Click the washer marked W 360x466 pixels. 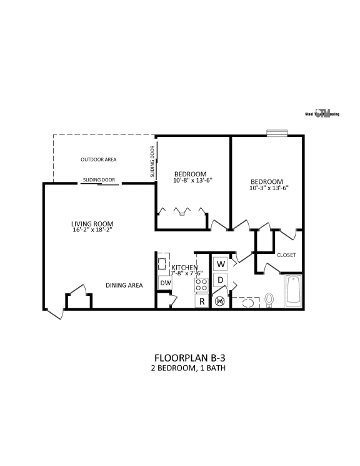(221, 263)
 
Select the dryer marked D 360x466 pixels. (221, 281)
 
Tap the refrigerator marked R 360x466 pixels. (202, 301)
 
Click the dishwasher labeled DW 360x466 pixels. (165, 283)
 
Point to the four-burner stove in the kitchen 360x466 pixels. (202, 285)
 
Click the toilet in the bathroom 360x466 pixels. (270, 300)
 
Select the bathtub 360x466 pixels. (293, 291)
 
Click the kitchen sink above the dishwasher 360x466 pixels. (162, 262)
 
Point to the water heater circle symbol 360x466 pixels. (220, 301)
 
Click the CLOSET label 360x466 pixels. (286, 255)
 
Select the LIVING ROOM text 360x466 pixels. (92, 223)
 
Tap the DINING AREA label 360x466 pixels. (124, 285)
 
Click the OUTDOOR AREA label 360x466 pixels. (98, 160)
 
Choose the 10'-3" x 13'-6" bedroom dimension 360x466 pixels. (269, 188)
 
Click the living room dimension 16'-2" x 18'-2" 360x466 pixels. (92, 230)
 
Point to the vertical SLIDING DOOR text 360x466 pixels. (152, 162)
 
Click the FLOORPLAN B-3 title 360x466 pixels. (188, 358)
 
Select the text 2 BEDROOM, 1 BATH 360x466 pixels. (188, 368)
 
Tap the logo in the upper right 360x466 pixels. (322, 114)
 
